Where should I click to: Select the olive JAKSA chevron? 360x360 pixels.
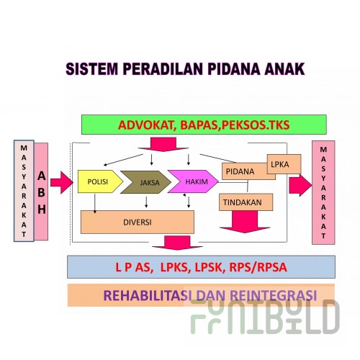point(146,182)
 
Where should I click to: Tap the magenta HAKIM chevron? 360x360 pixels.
point(193,181)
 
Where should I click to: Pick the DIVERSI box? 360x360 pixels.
point(138,222)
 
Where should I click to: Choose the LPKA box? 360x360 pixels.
point(284,164)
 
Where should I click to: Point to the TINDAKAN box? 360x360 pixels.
point(246,202)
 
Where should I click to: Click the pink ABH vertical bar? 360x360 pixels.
point(41,192)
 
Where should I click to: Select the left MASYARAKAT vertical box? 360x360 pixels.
point(24,191)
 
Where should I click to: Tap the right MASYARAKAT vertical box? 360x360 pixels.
point(323,192)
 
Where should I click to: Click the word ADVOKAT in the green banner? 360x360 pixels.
point(146,125)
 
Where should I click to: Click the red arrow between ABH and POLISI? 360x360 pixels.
point(62,183)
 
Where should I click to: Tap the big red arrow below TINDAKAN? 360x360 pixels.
point(245,222)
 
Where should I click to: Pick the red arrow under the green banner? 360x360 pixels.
point(163,145)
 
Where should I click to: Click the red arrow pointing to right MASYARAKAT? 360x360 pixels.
point(300,185)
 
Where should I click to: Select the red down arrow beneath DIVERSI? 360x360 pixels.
point(177,243)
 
